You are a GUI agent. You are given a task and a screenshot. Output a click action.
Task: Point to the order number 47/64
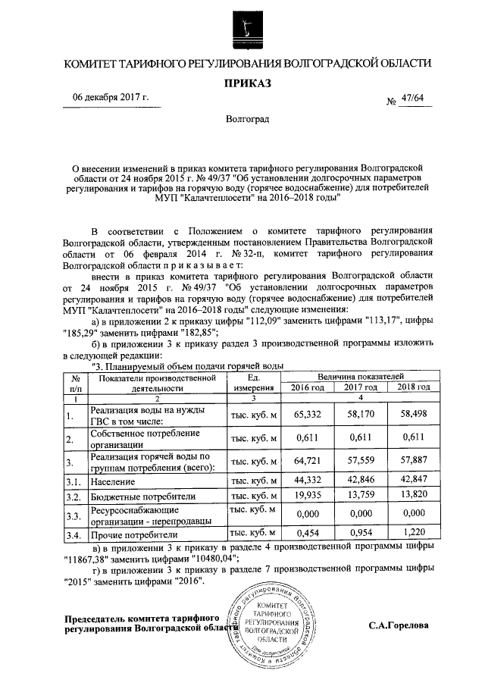[x=413, y=99]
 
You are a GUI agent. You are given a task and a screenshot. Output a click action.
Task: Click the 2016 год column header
[x=308, y=387]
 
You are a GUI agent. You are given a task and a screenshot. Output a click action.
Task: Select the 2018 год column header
[x=413, y=387]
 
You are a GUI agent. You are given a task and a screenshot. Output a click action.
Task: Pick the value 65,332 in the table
[x=308, y=415]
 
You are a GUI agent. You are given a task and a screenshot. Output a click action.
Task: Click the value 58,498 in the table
[x=413, y=415]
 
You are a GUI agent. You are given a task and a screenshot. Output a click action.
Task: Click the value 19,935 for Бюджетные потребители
[x=308, y=496]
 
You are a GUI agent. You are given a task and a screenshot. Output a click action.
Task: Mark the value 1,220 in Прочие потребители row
[x=413, y=533]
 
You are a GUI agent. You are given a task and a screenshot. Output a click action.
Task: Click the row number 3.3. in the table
[x=72, y=515]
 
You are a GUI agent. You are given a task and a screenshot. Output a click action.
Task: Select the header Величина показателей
[x=360, y=376]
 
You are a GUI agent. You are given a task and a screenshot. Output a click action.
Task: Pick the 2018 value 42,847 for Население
[x=413, y=481]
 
